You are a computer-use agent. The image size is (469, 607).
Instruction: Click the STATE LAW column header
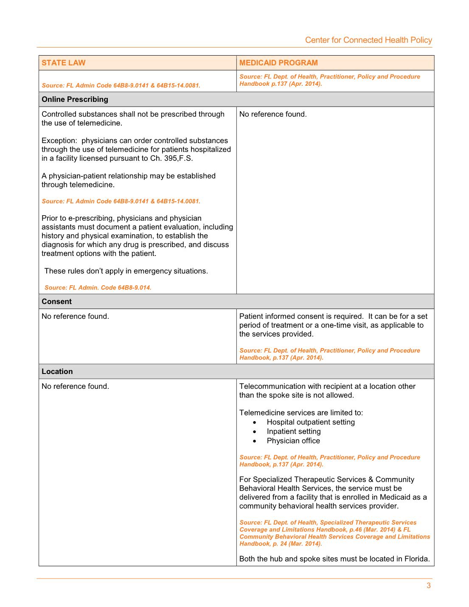pos(63,63)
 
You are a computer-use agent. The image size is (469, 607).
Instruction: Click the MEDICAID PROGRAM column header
pos(278,63)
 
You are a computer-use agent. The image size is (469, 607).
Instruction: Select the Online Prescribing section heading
pos(75,99)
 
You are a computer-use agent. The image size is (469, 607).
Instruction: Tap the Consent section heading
pos(56,301)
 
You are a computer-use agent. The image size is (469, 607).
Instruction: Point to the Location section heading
pos(57,371)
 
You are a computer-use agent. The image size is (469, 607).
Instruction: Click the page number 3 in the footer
pos(429,586)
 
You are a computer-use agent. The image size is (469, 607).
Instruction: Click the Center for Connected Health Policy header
pos(368,40)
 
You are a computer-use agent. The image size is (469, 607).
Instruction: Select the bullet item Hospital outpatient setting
pos(311,422)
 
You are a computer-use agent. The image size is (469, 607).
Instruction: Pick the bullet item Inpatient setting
pos(294,431)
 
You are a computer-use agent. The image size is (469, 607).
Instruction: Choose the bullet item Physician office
pos(293,441)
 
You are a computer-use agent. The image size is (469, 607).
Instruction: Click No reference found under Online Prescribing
pos(273,114)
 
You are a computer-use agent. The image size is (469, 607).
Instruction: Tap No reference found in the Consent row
pos(75,316)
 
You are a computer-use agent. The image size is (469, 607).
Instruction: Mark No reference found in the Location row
pos(75,386)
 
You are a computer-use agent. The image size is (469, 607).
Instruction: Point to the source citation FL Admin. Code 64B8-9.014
pos(98,287)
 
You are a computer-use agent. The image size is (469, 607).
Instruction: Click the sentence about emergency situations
pos(126,271)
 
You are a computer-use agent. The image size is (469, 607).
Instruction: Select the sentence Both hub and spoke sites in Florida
pos(334,559)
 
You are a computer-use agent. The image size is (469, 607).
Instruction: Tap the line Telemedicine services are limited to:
pos(301,413)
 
